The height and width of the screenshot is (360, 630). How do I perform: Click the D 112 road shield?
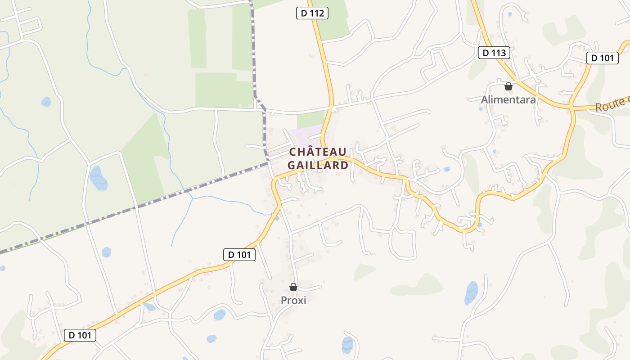(312, 13)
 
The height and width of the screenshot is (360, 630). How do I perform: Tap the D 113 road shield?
(494, 53)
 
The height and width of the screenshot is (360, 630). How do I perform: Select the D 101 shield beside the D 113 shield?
(602, 58)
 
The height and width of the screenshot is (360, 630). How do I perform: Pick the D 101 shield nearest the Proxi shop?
(239, 255)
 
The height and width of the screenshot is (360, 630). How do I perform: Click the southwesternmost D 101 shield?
(80, 335)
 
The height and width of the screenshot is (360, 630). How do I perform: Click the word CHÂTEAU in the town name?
(318, 152)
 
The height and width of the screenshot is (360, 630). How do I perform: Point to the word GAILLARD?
(318, 165)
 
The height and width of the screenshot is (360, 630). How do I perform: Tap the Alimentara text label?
(508, 99)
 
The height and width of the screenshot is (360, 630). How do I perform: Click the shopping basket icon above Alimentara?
(508, 86)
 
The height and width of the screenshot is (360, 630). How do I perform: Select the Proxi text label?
(293, 300)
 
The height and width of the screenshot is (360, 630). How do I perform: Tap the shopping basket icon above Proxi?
(293, 287)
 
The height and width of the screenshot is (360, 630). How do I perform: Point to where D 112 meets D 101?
(331, 157)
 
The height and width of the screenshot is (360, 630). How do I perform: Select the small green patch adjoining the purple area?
(310, 119)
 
